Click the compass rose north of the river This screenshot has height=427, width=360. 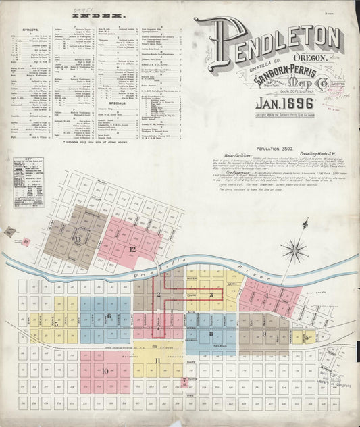tap(294, 251)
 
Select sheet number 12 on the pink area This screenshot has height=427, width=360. tap(132, 249)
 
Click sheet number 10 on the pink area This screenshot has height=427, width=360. tap(105, 370)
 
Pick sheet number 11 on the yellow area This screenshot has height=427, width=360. tap(157, 361)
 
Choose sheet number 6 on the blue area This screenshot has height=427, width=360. tap(108, 316)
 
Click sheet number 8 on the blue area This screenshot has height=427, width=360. tap(211, 333)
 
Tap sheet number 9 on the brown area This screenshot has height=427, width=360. tap(263, 333)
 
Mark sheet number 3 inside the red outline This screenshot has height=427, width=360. tap(211, 295)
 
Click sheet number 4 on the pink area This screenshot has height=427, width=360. tap(266, 295)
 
